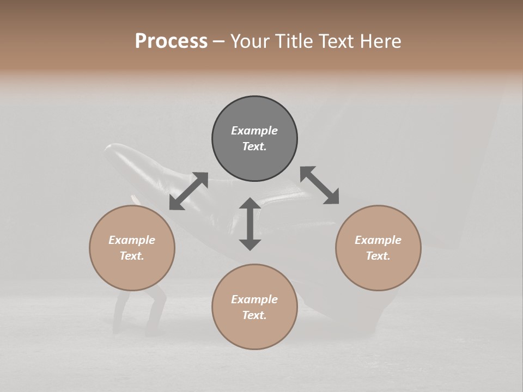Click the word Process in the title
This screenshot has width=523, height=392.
[x=171, y=41]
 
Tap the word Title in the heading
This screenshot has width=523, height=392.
[x=293, y=41]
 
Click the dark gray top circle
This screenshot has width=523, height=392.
[x=254, y=138]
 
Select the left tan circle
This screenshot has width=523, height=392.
[x=132, y=248]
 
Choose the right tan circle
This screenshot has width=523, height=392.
[x=378, y=248]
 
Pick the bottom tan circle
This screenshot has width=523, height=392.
[x=254, y=307]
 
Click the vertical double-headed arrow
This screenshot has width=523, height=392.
[x=250, y=224]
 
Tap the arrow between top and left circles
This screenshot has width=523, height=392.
[x=188, y=191]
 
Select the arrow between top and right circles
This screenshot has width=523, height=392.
[x=319, y=185]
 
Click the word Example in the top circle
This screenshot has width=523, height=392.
[x=254, y=131]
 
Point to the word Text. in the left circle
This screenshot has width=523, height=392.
[x=132, y=256]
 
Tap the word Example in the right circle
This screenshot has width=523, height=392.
[x=378, y=240]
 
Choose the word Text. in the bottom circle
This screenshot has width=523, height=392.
[x=254, y=315]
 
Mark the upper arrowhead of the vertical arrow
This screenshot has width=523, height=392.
[x=250, y=205]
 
